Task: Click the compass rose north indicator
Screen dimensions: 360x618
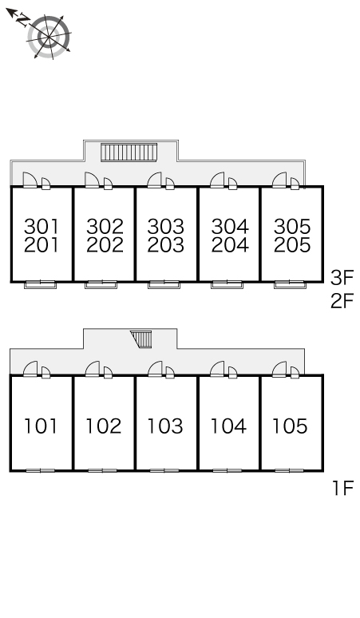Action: [x=19, y=18]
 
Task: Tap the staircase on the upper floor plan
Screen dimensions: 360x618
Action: [x=129, y=153]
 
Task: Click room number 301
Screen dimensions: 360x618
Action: [x=42, y=227]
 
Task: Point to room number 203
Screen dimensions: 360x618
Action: [x=166, y=245]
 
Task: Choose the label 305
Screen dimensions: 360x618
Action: [x=292, y=227]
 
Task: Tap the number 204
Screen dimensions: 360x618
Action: [x=230, y=245]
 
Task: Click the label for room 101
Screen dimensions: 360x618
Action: [x=41, y=426]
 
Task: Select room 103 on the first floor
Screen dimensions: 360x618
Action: [x=165, y=426]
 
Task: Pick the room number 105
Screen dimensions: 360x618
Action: [x=291, y=426]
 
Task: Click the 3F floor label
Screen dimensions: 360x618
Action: [x=342, y=278]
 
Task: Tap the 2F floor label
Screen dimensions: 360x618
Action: [x=342, y=301]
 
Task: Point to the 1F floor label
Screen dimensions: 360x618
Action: [x=343, y=489]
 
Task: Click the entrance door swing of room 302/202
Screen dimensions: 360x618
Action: [x=93, y=180]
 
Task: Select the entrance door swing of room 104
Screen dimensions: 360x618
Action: [x=217, y=369]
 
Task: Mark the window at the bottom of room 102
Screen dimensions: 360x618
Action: [x=102, y=470]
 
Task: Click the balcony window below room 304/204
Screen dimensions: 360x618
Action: [x=227, y=284]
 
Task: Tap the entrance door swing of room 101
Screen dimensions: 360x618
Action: [x=30, y=369]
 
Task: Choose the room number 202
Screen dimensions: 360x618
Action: [x=105, y=245]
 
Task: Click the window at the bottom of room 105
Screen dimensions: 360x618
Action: [x=289, y=470]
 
